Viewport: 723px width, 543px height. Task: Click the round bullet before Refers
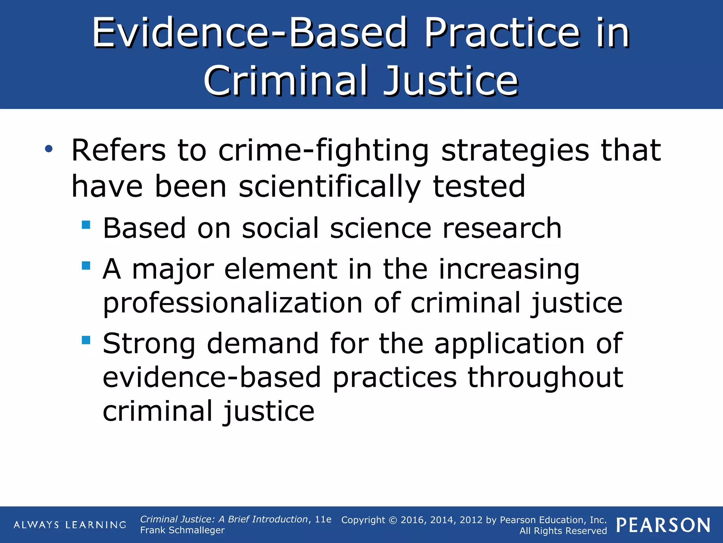click(x=49, y=149)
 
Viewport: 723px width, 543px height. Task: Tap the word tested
click(x=479, y=187)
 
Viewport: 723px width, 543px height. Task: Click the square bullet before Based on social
click(x=86, y=225)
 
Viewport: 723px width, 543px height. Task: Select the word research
click(x=502, y=228)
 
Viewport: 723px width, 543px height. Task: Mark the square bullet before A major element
click(x=86, y=265)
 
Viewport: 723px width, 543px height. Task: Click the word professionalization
click(x=233, y=303)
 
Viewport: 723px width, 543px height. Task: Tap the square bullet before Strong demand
click(x=86, y=340)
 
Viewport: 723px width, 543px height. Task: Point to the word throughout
click(x=545, y=378)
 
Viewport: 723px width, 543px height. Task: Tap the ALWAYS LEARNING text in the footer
click(x=70, y=525)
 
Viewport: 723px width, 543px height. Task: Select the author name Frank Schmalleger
click(x=182, y=530)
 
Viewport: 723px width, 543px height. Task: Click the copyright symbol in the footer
click(x=393, y=520)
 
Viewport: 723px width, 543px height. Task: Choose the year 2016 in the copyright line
click(x=412, y=520)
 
